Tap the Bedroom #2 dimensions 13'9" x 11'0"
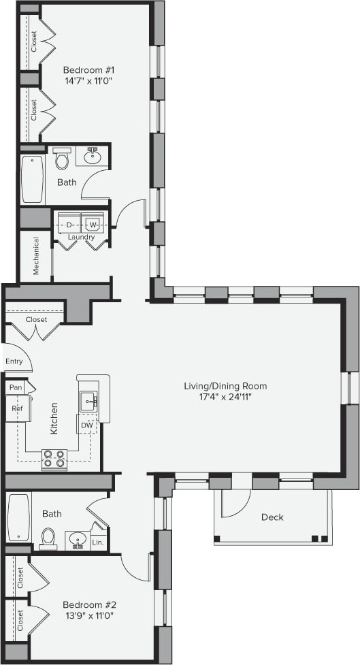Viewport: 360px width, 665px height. pyautogui.click(x=89, y=615)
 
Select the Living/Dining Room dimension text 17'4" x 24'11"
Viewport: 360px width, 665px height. pyautogui.click(x=225, y=397)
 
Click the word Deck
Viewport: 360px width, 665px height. pyautogui.click(x=272, y=517)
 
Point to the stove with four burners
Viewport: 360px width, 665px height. pyautogui.click(x=54, y=459)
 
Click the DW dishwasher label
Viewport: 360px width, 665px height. pyautogui.click(x=86, y=425)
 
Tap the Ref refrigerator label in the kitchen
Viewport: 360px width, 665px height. pyautogui.click(x=17, y=408)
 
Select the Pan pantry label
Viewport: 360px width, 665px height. pyautogui.click(x=16, y=387)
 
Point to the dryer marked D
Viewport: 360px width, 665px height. pyautogui.click(x=69, y=224)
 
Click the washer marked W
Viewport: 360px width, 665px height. pyautogui.click(x=93, y=224)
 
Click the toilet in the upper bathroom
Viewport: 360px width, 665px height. pyautogui.click(x=62, y=159)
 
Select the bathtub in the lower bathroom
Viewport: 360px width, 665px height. pyautogui.click(x=18, y=518)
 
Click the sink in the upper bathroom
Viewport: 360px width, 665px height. pyautogui.click(x=93, y=157)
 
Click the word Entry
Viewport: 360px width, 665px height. pyautogui.click(x=14, y=361)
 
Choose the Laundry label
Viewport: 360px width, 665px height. pyautogui.click(x=81, y=237)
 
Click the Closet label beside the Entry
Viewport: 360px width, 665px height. pyautogui.click(x=36, y=319)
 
